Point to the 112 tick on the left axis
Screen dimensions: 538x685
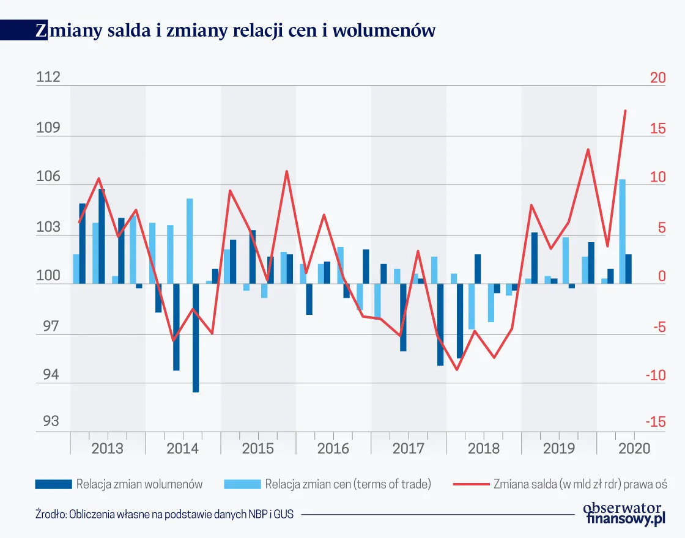click(x=49, y=78)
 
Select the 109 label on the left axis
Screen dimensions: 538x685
click(x=49, y=128)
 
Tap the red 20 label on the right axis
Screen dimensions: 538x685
click(x=640, y=78)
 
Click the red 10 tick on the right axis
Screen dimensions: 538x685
click(x=640, y=178)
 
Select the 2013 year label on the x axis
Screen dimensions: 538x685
click(x=107, y=448)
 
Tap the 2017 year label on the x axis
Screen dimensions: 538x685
click(x=408, y=448)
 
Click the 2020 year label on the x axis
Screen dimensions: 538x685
click(x=634, y=448)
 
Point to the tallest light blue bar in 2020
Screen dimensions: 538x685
click(x=622, y=231)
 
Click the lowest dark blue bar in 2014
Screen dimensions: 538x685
click(x=196, y=337)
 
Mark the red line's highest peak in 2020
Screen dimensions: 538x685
click(x=625, y=111)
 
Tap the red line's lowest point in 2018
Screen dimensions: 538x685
click(x=456, y=369)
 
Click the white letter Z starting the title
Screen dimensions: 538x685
click(x=40, y=31)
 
